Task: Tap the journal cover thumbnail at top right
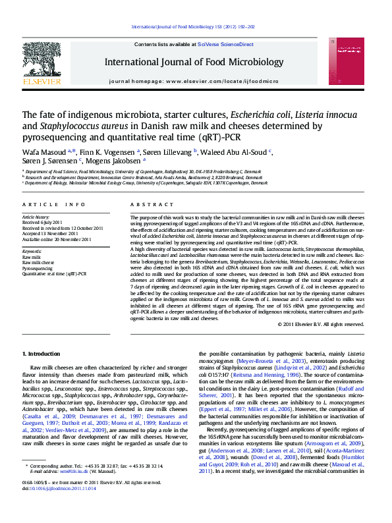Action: (350, 61)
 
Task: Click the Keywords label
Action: (32, 251)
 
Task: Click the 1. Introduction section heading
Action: (41, 354)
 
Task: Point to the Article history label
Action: (36, 217)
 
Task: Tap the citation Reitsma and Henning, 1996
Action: (275, 375)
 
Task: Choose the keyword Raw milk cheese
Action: (40, 263)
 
